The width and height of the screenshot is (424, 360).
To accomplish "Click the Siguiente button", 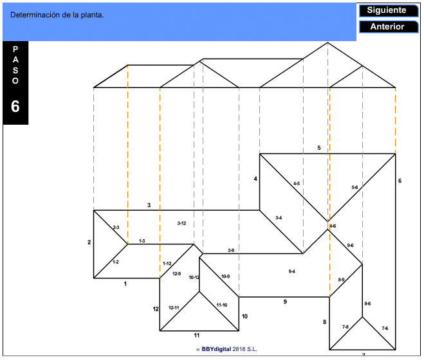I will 387,10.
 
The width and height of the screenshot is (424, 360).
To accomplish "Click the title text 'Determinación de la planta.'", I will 57,15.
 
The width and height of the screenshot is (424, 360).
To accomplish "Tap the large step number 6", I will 15,107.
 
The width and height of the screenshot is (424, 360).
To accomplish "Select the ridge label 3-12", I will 181,223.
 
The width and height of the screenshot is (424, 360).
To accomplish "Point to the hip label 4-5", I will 296,184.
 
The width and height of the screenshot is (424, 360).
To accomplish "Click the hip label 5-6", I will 355,187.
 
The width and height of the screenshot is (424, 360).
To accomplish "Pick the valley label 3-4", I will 279,218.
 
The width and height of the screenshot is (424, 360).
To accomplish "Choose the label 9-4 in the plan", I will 291,272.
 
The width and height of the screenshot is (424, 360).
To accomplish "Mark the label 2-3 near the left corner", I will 116,227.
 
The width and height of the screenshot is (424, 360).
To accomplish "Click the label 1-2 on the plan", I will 115,262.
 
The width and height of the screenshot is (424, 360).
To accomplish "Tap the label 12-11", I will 174,307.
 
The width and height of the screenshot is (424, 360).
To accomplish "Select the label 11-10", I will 221,305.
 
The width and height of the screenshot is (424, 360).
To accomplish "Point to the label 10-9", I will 225,276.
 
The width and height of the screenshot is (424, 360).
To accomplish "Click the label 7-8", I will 345,327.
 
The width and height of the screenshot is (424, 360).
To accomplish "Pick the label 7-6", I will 385,328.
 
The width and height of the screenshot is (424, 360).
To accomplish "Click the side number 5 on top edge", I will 318,148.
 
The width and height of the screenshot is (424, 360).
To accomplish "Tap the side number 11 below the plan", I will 198,335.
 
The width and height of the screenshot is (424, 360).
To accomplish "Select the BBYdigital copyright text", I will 229,349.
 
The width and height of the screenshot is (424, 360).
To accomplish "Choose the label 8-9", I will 342,280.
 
